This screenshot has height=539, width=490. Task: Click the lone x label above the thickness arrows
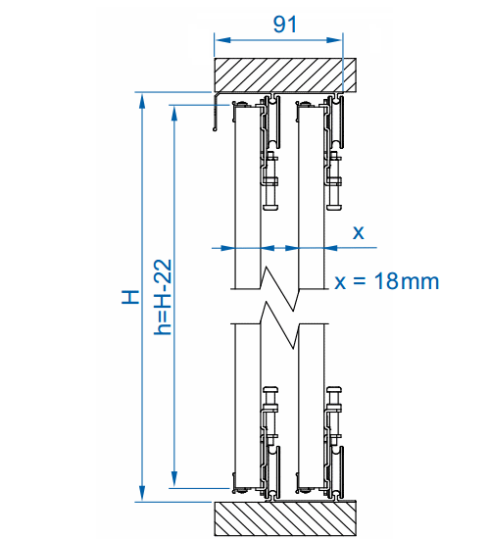[x=358, y=232]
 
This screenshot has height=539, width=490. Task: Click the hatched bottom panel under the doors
[x=286, y=517]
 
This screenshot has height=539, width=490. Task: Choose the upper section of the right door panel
[x=311, y=196]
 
